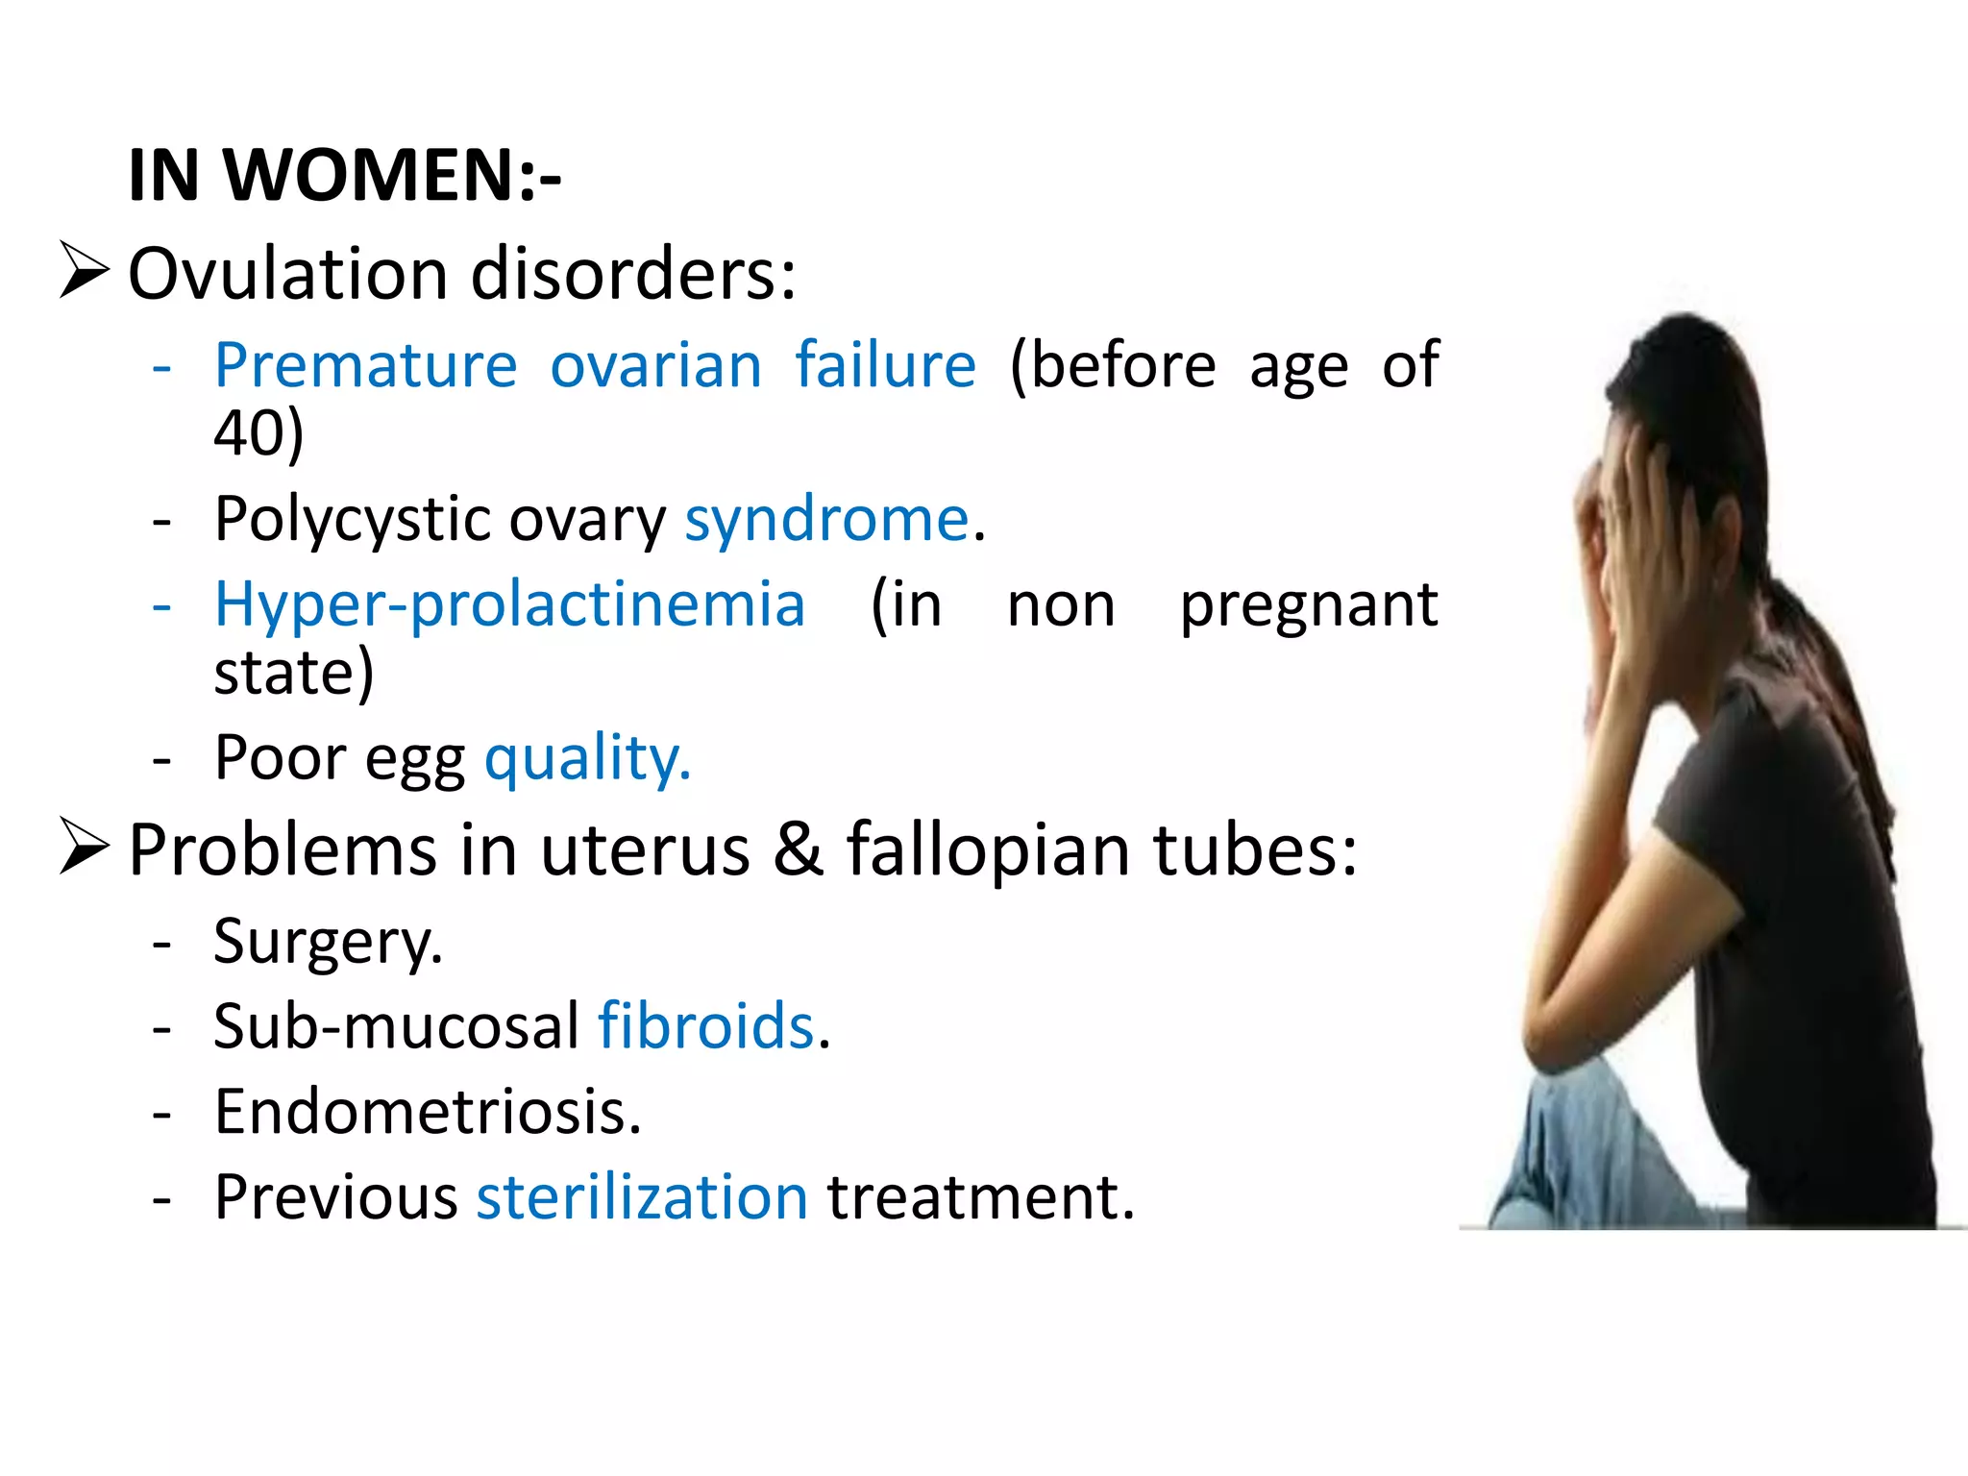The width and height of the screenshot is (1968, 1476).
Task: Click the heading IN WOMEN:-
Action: (344, 176)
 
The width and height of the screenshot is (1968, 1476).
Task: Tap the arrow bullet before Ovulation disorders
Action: (84, 270)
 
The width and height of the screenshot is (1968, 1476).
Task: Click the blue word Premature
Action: (365, 366)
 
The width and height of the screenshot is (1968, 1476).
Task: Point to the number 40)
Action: (258, 432)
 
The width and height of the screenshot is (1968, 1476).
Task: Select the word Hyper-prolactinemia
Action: (509, 605)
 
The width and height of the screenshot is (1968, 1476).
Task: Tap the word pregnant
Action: (1308, 605)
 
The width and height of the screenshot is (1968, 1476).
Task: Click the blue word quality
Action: (587, 759)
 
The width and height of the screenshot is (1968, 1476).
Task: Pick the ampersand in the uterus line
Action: (799, 849)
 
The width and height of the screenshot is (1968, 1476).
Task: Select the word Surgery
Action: (328, 942)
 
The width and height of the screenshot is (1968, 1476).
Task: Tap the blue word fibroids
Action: (706, 1026)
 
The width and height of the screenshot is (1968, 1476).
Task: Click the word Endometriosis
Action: (428, 1112)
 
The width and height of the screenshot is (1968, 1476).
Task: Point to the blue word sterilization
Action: (642, 1197)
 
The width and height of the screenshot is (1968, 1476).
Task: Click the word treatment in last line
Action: (980, 1197)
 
